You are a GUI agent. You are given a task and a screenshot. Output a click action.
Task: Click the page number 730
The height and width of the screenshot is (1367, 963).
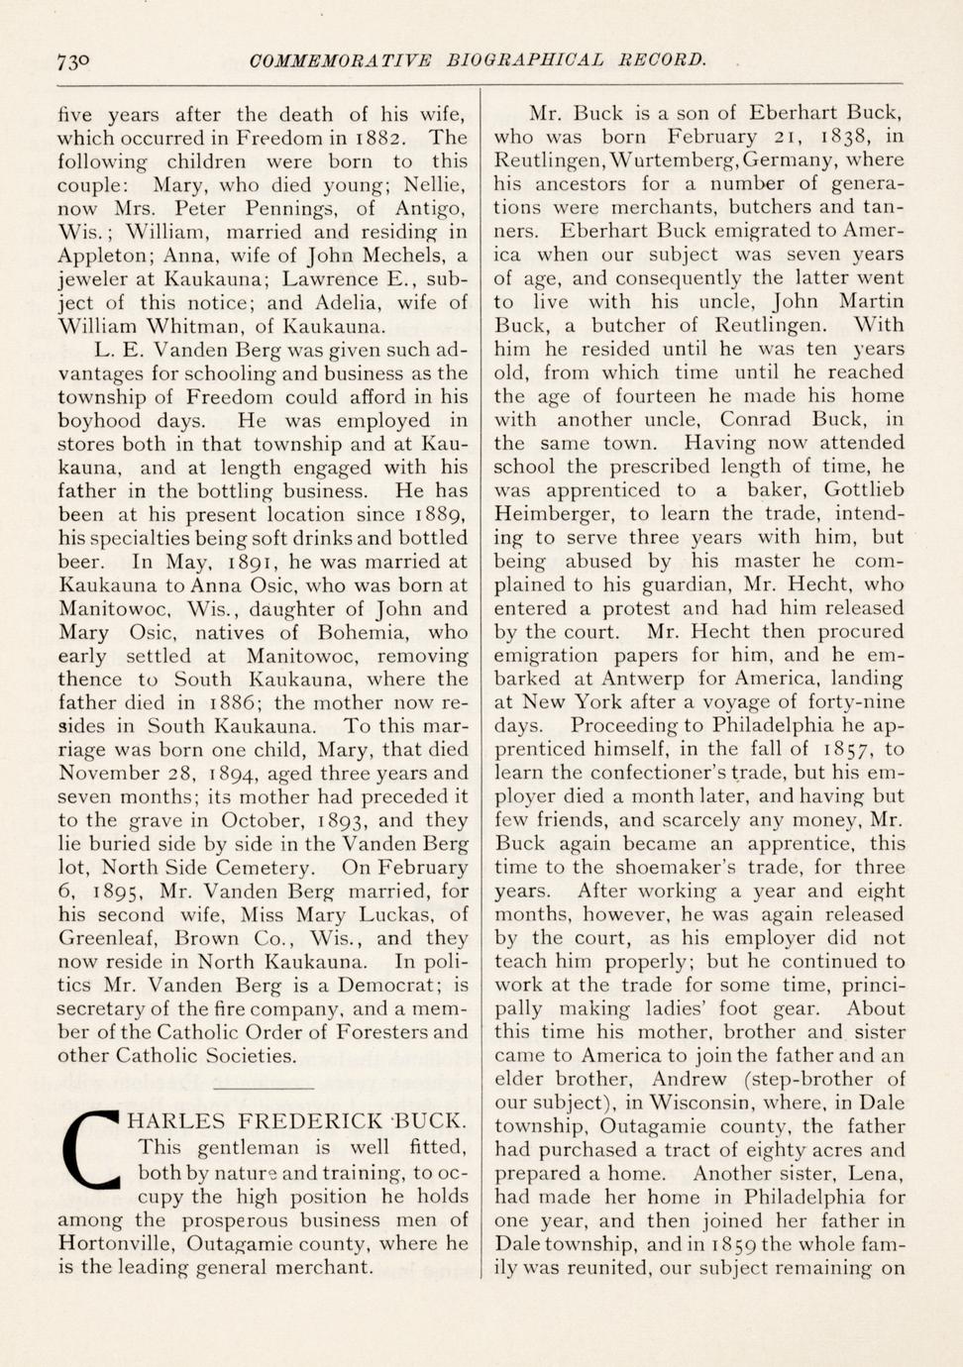73,61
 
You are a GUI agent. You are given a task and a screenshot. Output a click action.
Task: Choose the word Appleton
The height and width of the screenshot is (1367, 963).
100,257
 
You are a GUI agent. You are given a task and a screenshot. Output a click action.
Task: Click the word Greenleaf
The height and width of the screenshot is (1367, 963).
109,938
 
